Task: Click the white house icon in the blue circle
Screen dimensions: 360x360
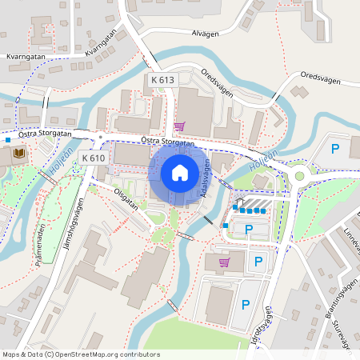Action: click(x=180, y=172)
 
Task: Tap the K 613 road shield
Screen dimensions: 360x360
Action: click(x=162, y=80)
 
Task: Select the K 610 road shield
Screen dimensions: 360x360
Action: click(x=94, y=158)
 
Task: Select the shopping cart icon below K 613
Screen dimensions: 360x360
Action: click(x=178, y=126)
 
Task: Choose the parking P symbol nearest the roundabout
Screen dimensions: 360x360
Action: click(x=336, y=148)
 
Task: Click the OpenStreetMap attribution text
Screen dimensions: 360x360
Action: click(x=80, y=354)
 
